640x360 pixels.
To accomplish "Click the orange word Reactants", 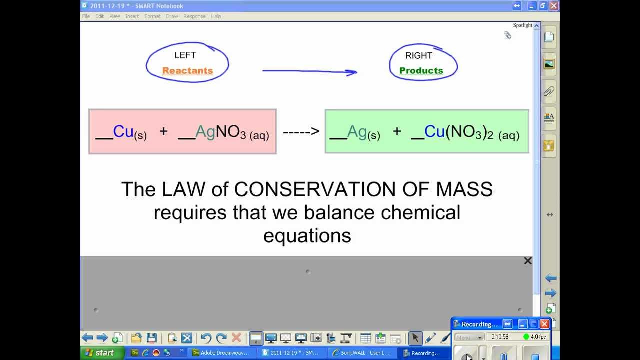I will pyautogui.click(x=187, y=71).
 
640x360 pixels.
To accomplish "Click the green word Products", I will pyautogui.click(x=421, y=71).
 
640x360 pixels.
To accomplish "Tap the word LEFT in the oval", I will pyautogui.click(x=185, y=55).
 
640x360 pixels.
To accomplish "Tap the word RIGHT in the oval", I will pyautogui.click(x=419, y=56).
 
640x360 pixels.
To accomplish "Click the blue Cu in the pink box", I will pyautogui.click(x=123, y=131).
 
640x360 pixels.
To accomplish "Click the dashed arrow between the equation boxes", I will pyautogui.click(x=301, y=132).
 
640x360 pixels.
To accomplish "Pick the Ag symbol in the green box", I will pyautogui.click(x=357, y=131).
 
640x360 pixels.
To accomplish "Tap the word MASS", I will pyautogui.click(x=464, y=189).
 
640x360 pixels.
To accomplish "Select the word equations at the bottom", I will pyautogui.click(x=307, y=235).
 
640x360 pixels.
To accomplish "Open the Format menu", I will pyautogui.click(x=152, y=16).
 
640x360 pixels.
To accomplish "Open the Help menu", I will pyautogui.click(x=216, y=16).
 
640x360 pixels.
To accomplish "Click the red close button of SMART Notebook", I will pyautogui.click(x=553, y=6).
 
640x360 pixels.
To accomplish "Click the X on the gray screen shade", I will pyautogui.click(x=527, y=261).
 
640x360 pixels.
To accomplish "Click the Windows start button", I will pyautogui.click(x=99, y=353).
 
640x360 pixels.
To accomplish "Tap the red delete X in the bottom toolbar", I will pyautogui.click(x=236, y=338).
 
